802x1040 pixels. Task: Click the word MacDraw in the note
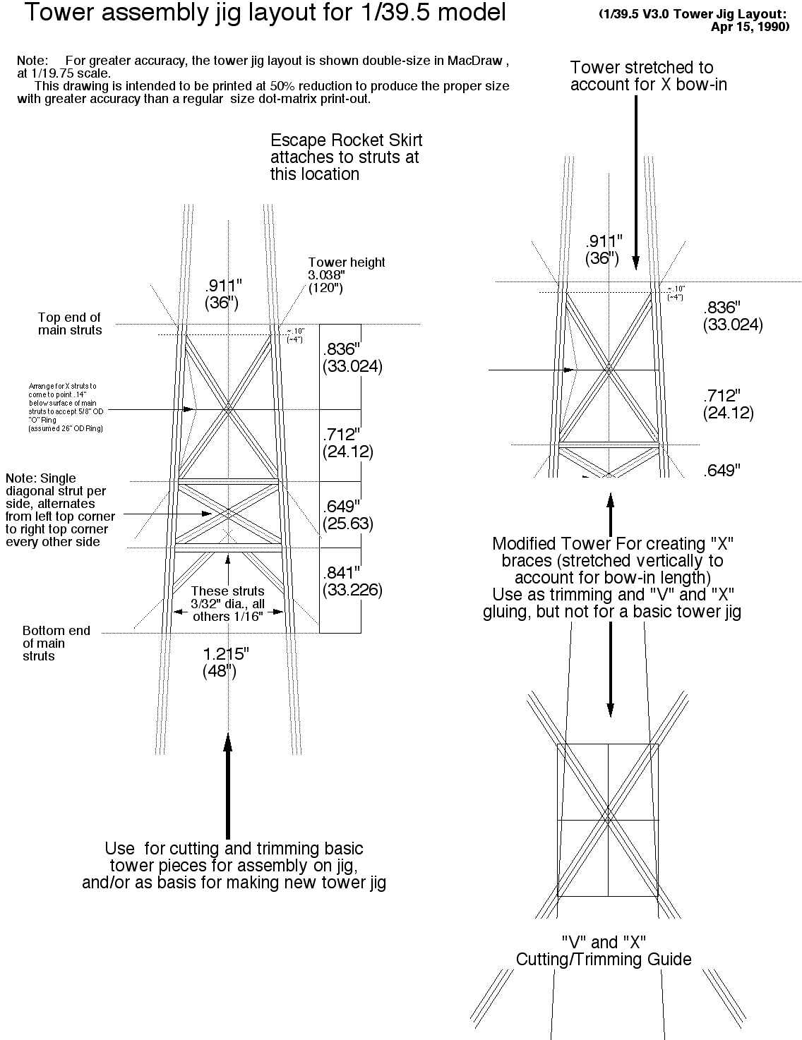pos(477,61)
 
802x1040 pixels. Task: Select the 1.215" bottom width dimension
pos(226,654)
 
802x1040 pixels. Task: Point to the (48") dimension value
pos(220,671)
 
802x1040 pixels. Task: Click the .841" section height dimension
pos(342,572)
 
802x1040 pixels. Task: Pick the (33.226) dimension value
pos(352,590)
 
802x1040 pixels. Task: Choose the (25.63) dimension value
pos(347,524)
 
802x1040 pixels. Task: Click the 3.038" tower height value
pos(325,274)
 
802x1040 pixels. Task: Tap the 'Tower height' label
pos(347,262)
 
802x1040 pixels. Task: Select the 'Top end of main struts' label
pos(69,323)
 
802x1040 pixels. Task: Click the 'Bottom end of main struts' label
pos(56,643)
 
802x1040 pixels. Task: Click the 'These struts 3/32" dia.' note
pos(228,603)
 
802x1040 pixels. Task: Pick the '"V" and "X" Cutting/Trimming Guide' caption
pos(604,950)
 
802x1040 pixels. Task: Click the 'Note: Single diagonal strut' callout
pos(60,509)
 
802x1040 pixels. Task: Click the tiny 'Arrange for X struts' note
pos(65,407)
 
